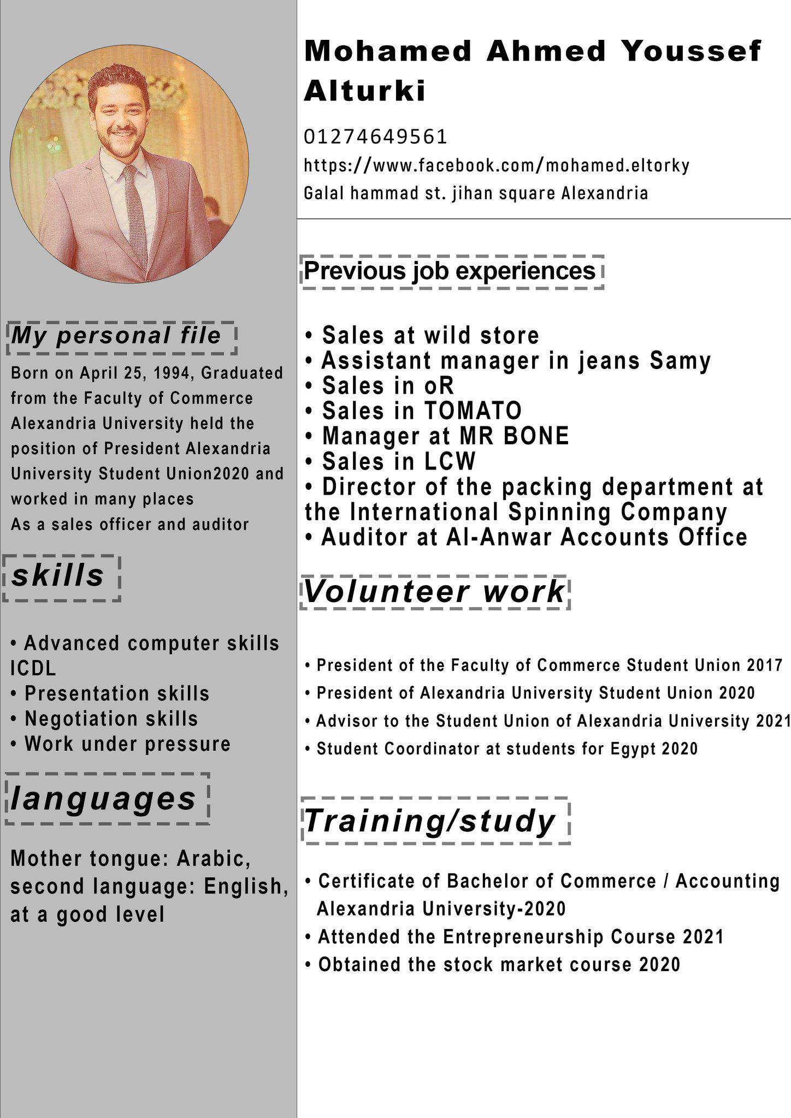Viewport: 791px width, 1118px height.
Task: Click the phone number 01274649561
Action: (x=375, y=136)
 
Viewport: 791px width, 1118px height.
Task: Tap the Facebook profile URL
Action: (x=496, y=165)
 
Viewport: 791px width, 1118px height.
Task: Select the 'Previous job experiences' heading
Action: (x=450, y=271)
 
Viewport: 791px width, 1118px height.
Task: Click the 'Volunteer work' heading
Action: (x=434, y=592)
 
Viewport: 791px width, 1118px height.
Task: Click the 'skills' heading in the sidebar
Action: (x=58, y=576)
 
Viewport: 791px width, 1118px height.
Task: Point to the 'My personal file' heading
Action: (x=116, y=336)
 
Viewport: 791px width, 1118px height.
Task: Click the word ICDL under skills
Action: (x=33, y=668)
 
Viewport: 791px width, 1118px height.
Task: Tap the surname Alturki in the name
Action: (x=365, y=91)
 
